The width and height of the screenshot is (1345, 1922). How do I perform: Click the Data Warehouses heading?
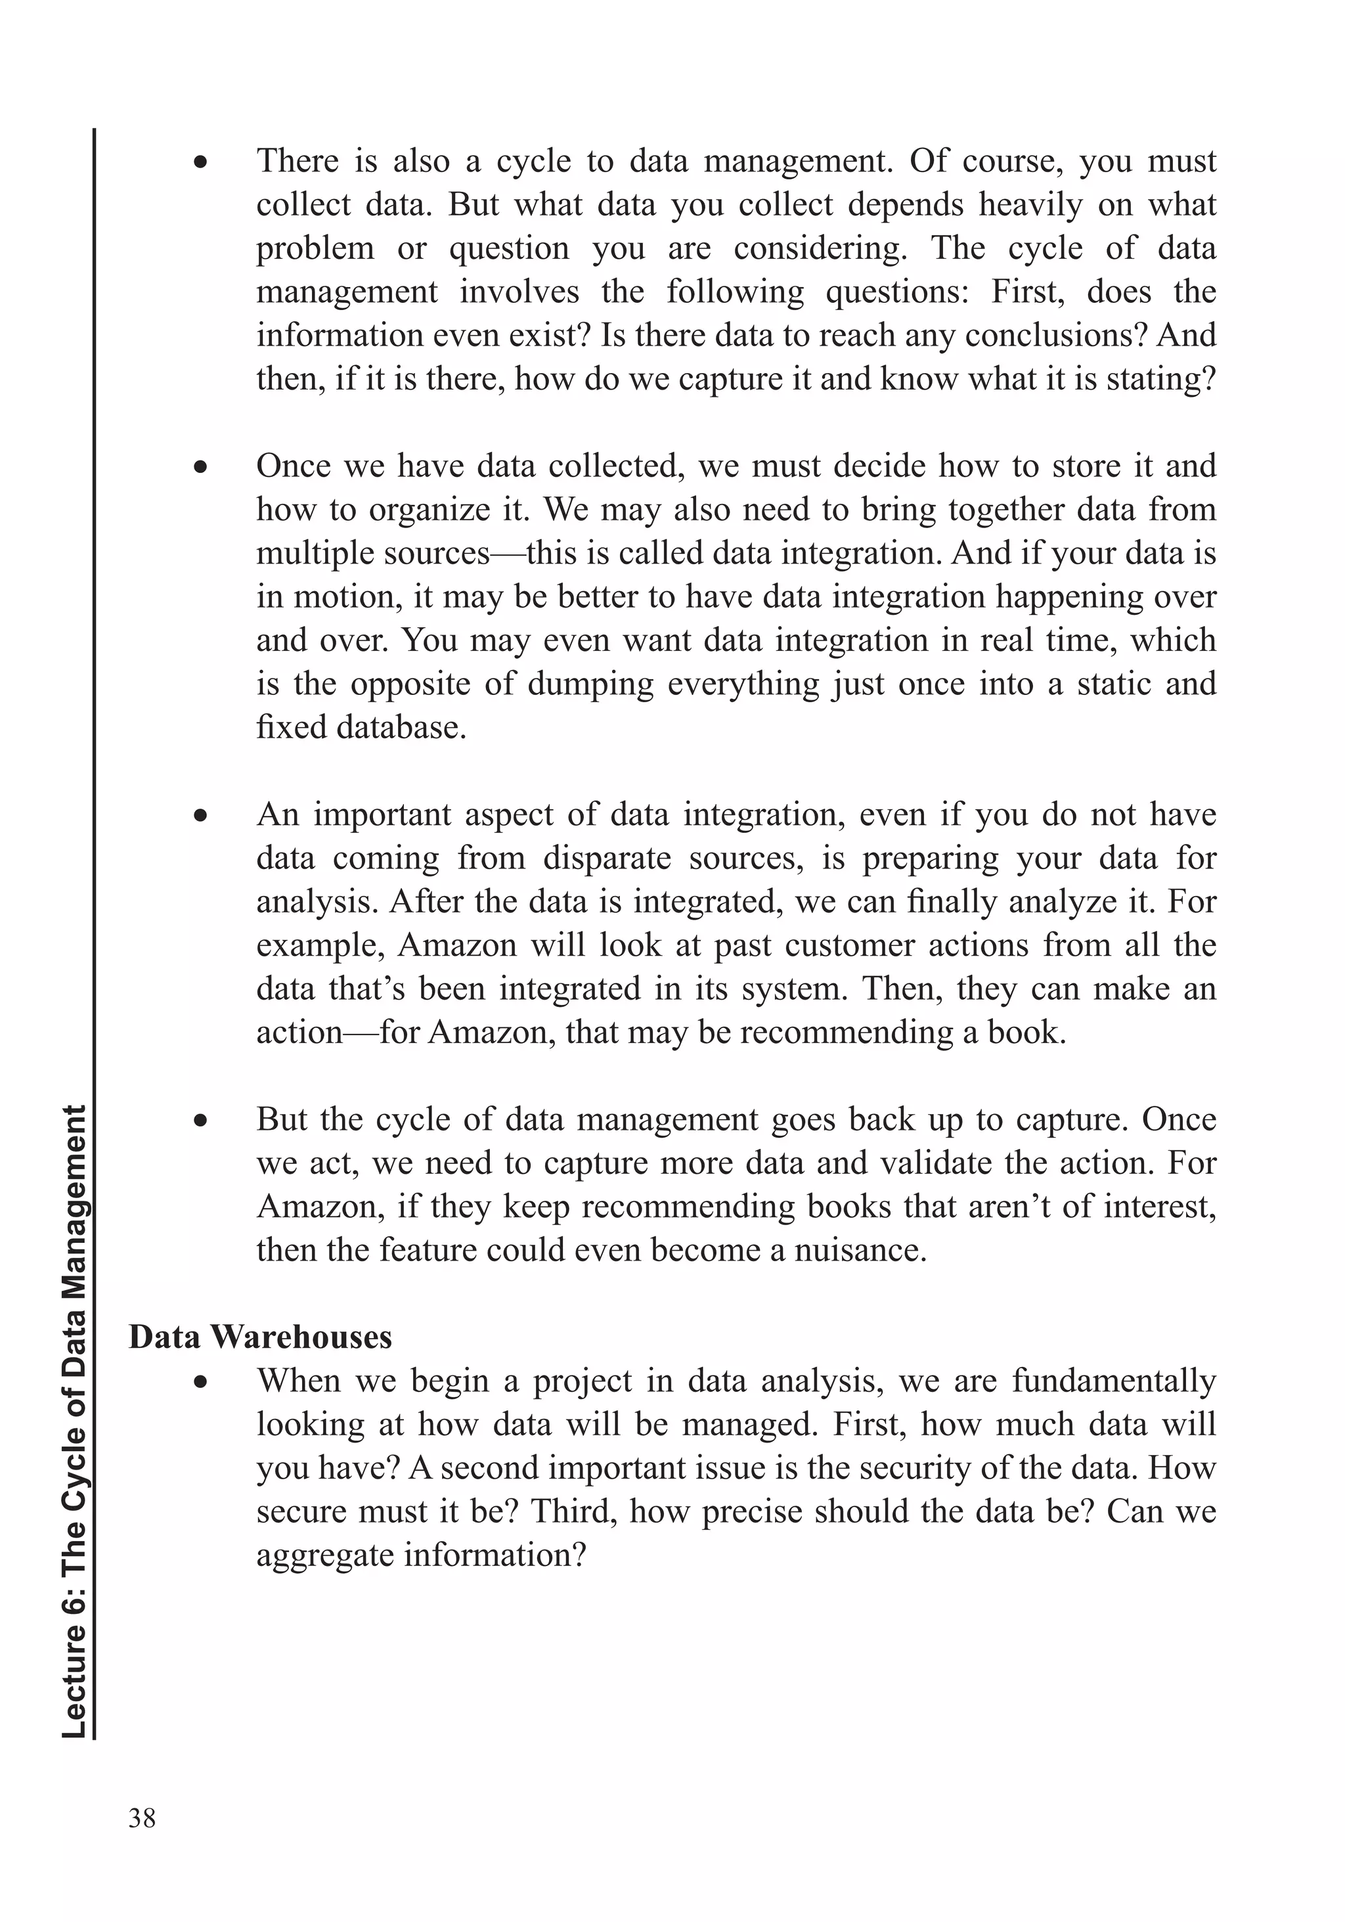(259, 1337)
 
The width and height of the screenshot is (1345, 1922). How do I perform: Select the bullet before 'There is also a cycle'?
(200, 162)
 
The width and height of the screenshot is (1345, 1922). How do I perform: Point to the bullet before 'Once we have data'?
(200, 467)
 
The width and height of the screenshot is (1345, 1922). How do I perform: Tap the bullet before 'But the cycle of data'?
(200, 1121)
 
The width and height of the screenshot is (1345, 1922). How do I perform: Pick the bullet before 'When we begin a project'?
(200, 1382)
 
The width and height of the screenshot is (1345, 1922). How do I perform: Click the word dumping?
(590, 684)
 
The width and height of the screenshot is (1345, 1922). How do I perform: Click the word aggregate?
(323, 1555)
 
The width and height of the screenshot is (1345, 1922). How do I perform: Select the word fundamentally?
(1113, 1381)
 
